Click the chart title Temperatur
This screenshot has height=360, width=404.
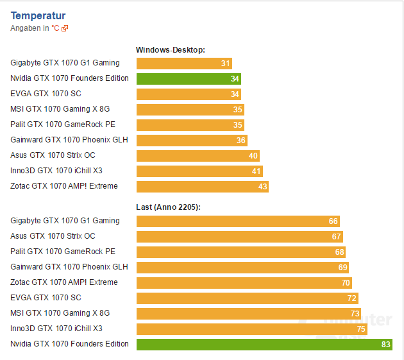[38, 15]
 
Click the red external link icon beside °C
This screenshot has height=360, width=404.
[65, 28]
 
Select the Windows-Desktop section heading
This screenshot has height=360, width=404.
[170, 49]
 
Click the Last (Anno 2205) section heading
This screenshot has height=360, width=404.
[169, 207]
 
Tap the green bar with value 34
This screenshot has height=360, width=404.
[189, 79]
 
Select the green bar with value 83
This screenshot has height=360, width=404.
[264, 345]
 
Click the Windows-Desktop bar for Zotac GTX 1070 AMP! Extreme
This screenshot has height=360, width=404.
[202, 187]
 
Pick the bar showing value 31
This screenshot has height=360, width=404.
[184, 64]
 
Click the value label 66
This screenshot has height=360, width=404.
[333, 221]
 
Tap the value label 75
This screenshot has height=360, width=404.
[361, 329]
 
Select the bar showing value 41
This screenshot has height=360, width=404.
[199, 171]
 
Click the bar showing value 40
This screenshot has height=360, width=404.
[198, 156]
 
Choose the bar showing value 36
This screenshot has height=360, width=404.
[192, 141]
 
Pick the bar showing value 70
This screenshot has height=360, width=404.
[244, 283]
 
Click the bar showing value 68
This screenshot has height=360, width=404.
[241, 252]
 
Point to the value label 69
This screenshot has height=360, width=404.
[342, 268]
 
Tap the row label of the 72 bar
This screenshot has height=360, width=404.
[46, 298]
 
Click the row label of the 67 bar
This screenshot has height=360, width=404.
[53, 236]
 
